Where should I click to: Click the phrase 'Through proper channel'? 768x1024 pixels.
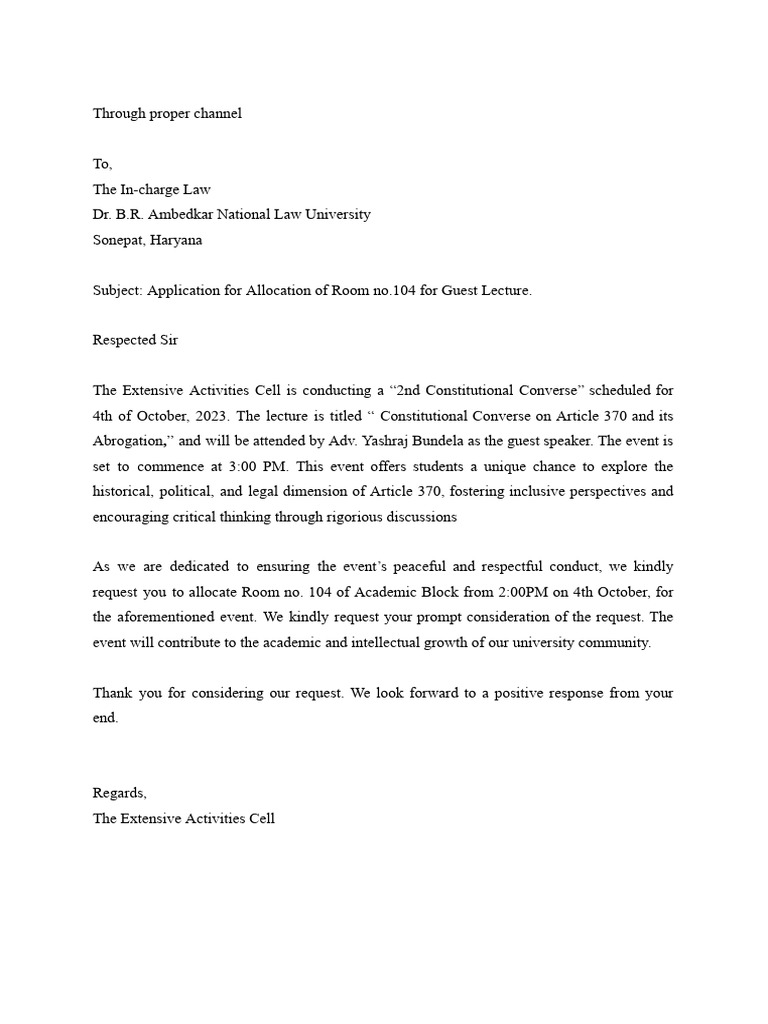tap(167, 113)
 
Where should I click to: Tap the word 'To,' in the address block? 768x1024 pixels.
tap(103, 164)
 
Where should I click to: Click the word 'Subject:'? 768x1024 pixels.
tap(119, 290)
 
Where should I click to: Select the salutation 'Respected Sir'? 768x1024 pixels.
tap(135, 340)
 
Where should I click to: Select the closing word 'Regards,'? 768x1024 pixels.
tap(120, 793)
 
